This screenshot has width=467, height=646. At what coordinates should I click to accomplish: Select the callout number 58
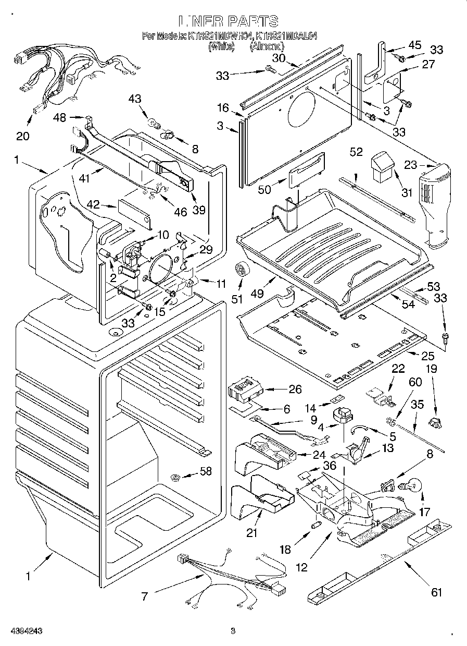206,472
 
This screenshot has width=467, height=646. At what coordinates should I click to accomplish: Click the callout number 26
295,388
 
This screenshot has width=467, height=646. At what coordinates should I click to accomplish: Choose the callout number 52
356,152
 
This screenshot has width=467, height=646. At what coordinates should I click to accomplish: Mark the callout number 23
410,165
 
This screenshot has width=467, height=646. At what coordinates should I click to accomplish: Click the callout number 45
414,45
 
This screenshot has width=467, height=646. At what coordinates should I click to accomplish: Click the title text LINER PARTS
229,21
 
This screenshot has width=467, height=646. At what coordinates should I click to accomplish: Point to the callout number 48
60,118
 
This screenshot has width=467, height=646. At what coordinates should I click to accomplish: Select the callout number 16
223,108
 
